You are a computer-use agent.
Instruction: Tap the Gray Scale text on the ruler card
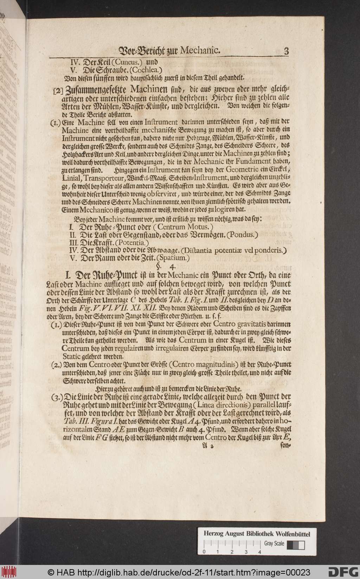click(274, 543)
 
